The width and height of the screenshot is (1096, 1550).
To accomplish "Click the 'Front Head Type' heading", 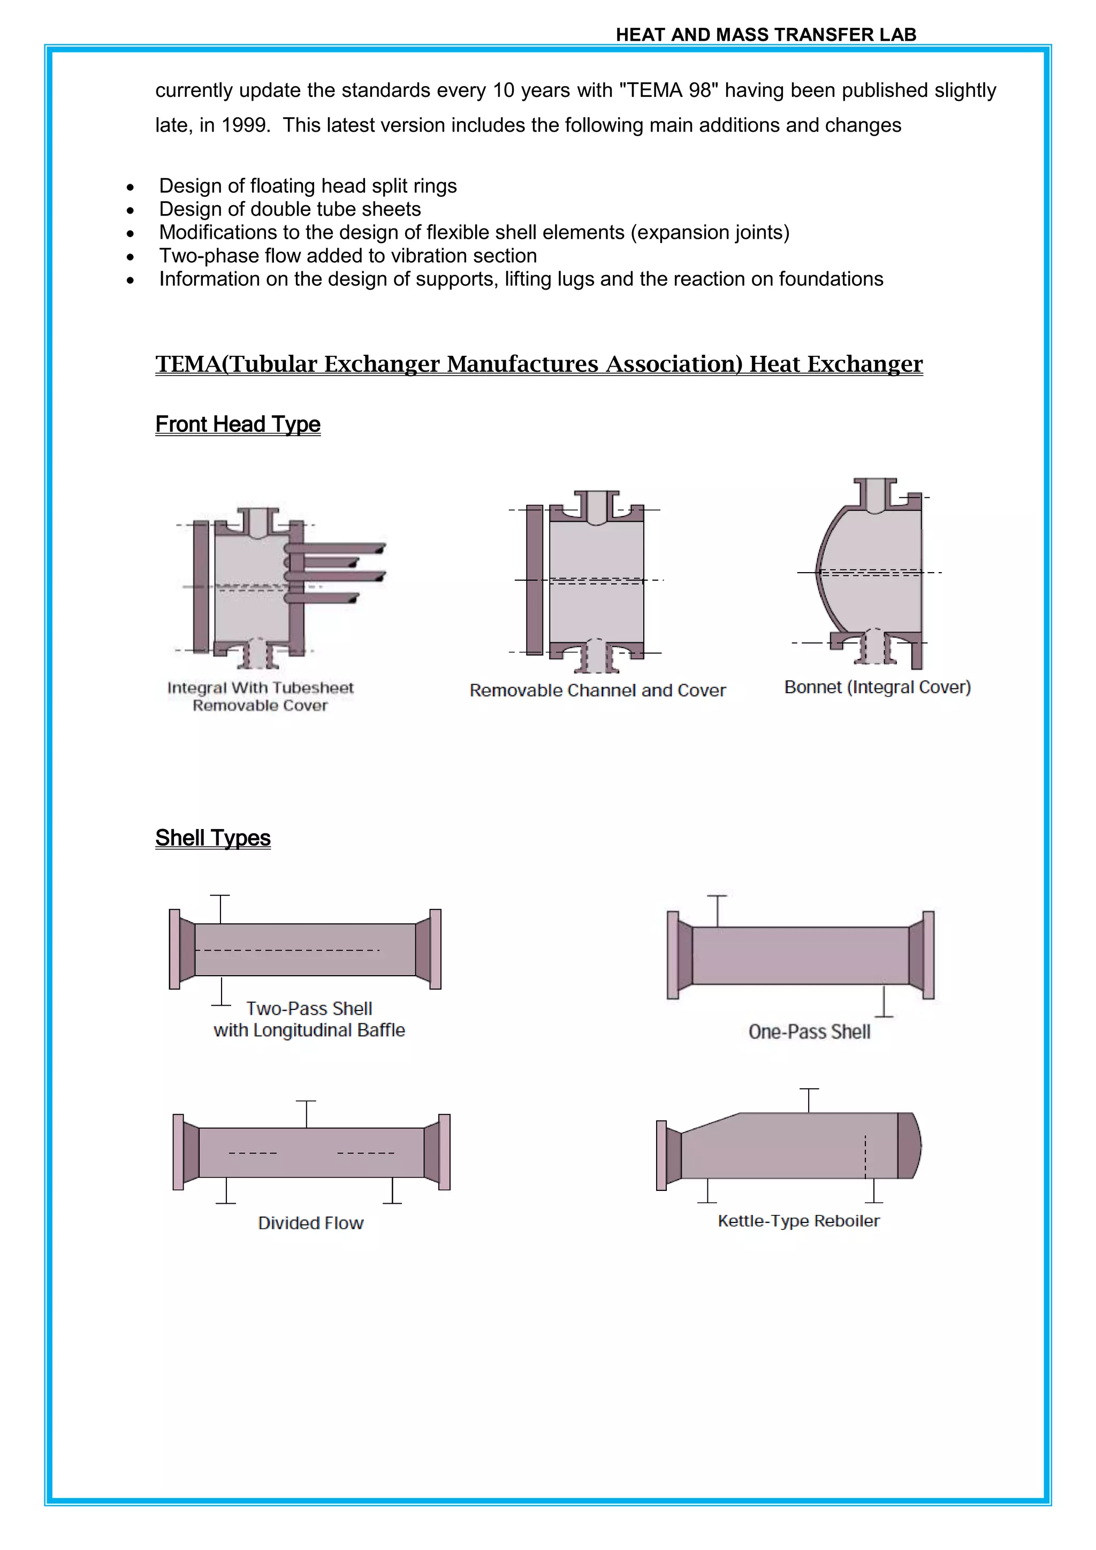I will click(x=238, y=424).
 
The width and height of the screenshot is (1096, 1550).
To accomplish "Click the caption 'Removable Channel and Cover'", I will click(x=597, y=690).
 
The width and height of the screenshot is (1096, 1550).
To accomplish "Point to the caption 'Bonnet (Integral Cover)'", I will click(x=877, y=687).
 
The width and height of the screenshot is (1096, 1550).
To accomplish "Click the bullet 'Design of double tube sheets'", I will click(x=290, y=209).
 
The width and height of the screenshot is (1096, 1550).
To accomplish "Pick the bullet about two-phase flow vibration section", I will click(x=347, y=256).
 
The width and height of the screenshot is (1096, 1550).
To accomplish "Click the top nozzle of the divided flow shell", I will click(x=307, y=1113).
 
